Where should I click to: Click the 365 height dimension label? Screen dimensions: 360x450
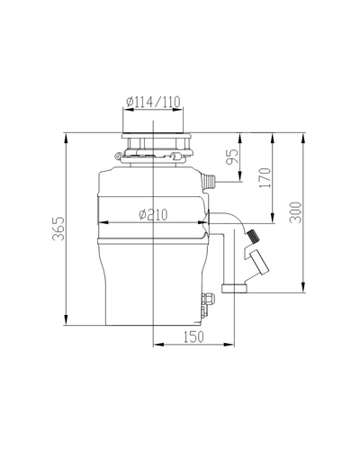coord(58,229)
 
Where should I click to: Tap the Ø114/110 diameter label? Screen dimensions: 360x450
coord(153,102)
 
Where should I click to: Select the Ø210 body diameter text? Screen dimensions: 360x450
coord(153,214)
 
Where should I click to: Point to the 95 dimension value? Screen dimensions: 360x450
coord(232,156)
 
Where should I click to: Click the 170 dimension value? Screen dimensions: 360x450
coord(265,178)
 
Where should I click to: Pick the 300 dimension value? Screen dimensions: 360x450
coord(295,212)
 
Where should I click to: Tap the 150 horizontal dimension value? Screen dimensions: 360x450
coord(193,337)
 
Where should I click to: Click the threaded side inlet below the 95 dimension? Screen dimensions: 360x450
coord(209,182)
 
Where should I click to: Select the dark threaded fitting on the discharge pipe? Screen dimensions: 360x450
coord(253,236)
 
